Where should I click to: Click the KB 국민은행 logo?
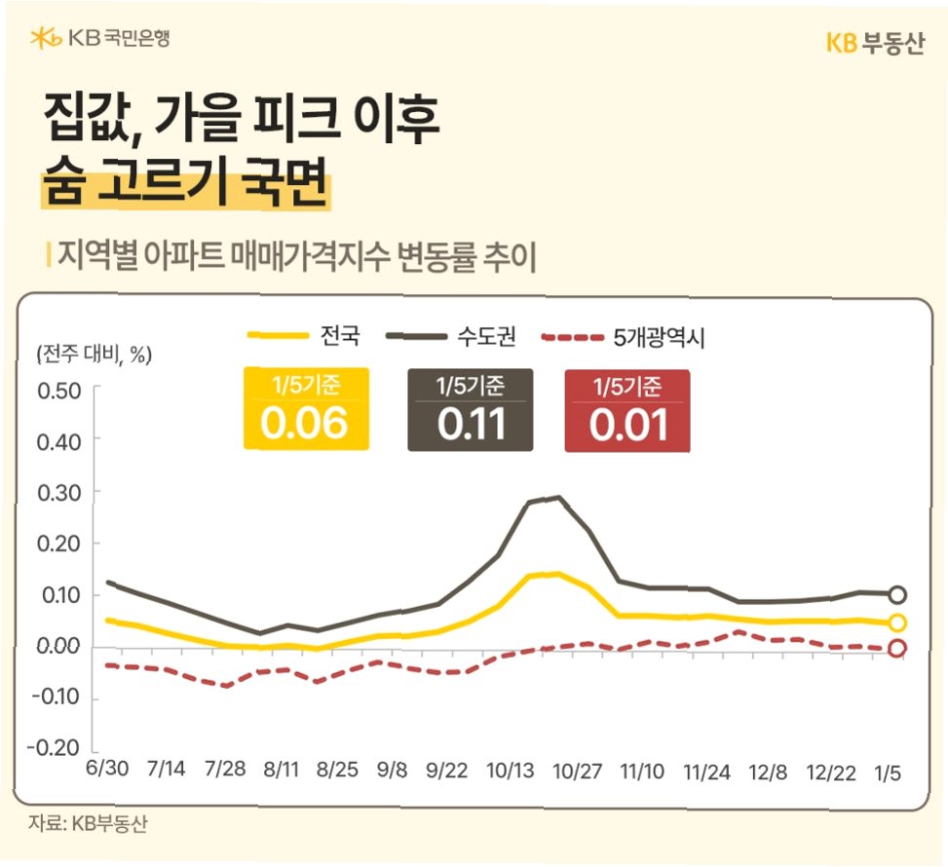click(x=99, y=38)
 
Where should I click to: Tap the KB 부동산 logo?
click(x=875, y=44)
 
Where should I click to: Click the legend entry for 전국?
click(x=304, y=335)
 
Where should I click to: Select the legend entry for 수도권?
click(x=451, y=335)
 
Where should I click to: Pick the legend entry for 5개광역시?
click(x=623, y=337)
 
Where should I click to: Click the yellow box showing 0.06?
click(x=306, y=409)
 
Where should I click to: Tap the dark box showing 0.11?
click(x=471, y=410)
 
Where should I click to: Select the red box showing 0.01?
click(x=627, y=411)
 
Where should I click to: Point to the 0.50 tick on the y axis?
click(x=59, y=392)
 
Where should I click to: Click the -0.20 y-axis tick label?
click(x=55, y=748)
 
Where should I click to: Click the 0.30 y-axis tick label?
click(x=59, y=493)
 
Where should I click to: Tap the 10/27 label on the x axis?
click(x=578, y=772)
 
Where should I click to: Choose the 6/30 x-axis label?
click(x=107, y=768)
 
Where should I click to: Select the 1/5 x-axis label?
click(x=888, y=773)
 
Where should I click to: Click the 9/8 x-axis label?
click(x=392, y=770)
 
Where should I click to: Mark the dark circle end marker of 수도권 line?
click(x=897, y=595)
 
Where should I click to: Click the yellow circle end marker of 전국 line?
click(x=897, y=622)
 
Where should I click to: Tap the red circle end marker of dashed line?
click(x=897, y=648)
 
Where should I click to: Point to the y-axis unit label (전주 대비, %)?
click(x=95, y=355)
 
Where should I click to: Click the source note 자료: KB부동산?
click(x=88, y=823)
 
